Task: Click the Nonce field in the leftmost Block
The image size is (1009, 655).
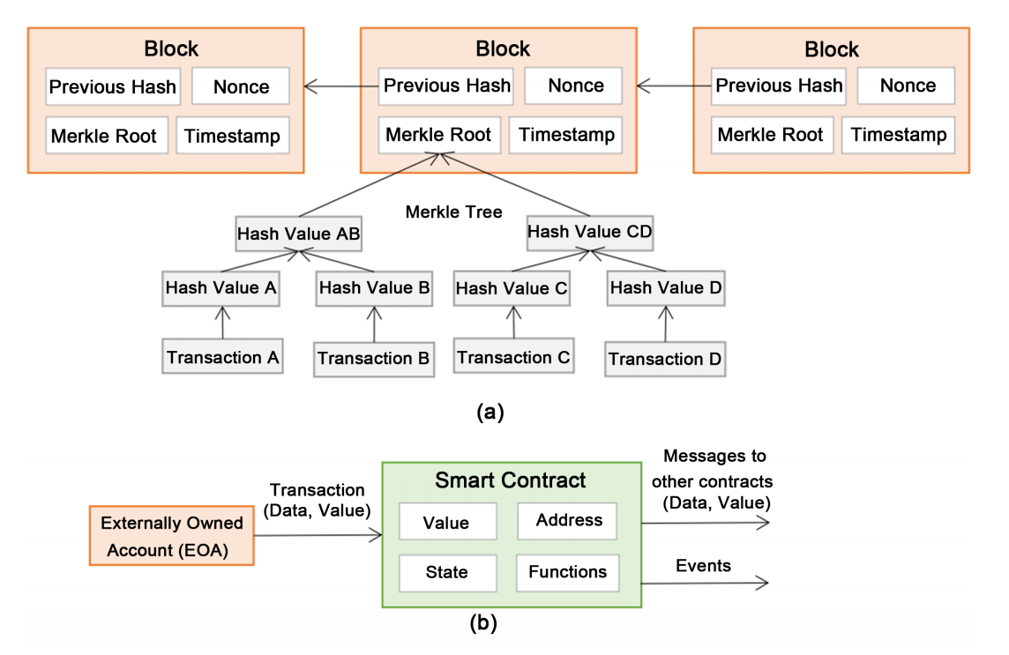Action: pos(241,86)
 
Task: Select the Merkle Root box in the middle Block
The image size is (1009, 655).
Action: pos(438,136)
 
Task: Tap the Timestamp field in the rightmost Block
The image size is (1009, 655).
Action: pos(899,135)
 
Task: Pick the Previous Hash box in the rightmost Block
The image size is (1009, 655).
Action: pos(778,86)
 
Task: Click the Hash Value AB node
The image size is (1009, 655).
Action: pos(300,235)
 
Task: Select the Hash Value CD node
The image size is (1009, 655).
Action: pos(589,232)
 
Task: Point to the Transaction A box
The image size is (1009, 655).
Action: pos(223,357)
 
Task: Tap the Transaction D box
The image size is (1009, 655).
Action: pos(665,359)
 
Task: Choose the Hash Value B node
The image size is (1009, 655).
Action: pos(374,287)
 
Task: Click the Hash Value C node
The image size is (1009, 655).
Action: pos(512,288)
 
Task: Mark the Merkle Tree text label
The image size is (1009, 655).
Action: pos(453,212)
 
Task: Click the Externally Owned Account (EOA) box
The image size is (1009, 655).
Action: pos(171,535)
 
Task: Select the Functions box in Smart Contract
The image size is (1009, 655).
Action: pos(567,572)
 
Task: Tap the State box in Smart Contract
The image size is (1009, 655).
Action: pos(446,572)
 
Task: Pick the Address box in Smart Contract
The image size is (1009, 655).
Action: pos(569,520)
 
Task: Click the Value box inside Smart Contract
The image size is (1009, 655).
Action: pos(446,522)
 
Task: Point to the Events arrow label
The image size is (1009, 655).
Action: pos(703,566)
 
